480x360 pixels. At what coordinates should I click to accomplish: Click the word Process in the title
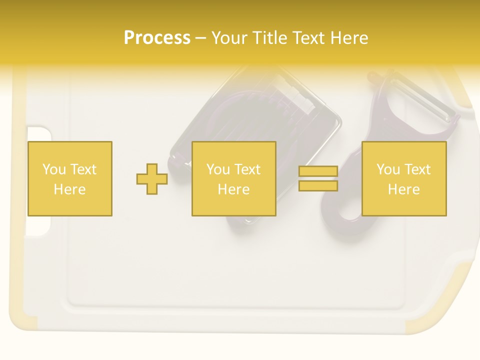tap(157, 38)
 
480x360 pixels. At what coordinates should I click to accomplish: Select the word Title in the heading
tap(268, 38)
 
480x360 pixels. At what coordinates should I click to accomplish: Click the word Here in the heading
tap(349, 38)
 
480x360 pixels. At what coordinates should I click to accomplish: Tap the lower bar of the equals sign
tap(318, 186)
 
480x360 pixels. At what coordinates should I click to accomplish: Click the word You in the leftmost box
tap(54, 169)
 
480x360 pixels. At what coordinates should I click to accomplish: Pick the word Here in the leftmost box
tap(69, 189)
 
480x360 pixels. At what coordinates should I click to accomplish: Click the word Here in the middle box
tap(233, 189)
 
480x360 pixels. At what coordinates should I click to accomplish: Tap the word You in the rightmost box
tap(388, 169)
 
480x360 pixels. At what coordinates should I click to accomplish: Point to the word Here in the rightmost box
tap(403, 189)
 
